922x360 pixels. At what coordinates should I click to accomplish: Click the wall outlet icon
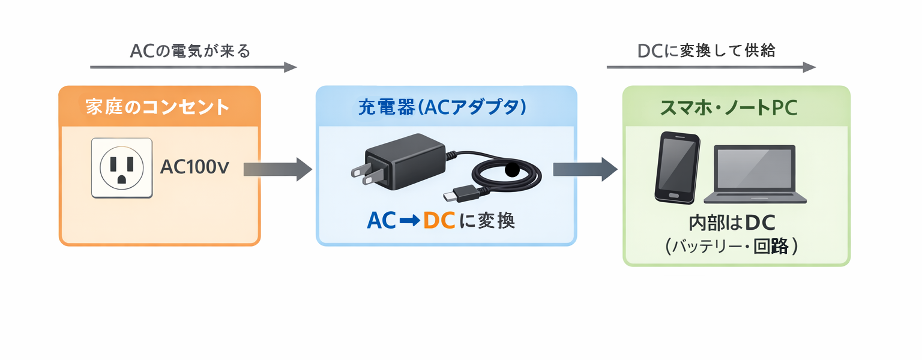click(122, 167)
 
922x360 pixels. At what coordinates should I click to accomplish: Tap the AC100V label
click(194, 167)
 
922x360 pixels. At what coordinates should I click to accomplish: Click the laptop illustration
click(755, 174)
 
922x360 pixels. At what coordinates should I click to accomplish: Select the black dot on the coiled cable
click(512, 169)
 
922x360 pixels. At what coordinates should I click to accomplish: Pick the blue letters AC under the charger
click(381, 221)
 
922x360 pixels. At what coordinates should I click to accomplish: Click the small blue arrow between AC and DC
click(409, 221)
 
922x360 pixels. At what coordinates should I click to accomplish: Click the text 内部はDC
click(733, 224)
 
